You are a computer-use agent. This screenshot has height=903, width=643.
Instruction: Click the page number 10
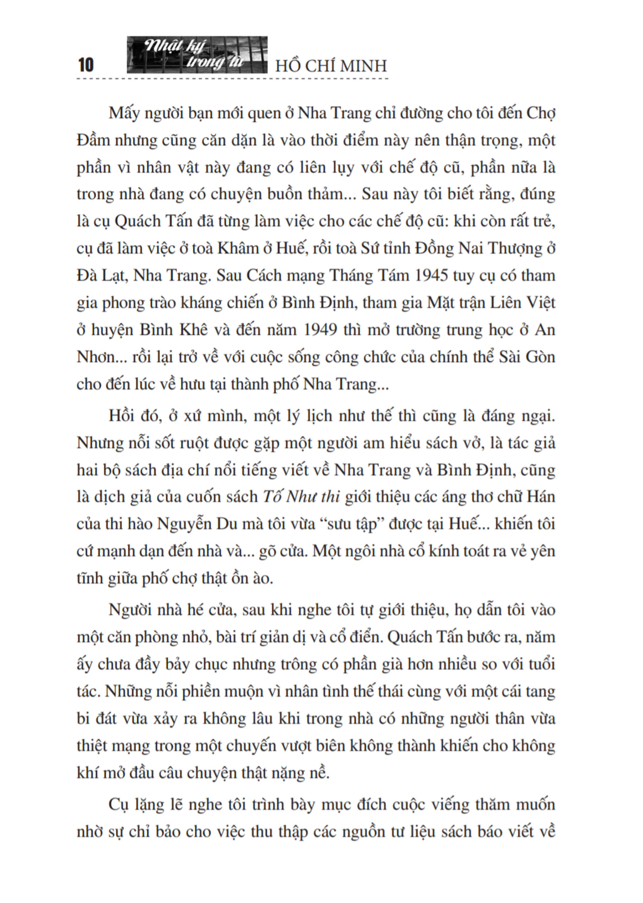86,65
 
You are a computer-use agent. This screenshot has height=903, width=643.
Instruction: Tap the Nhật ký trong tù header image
197,55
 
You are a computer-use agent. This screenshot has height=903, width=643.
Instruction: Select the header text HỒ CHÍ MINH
331,66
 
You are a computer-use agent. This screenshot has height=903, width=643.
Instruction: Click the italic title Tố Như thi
301,497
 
